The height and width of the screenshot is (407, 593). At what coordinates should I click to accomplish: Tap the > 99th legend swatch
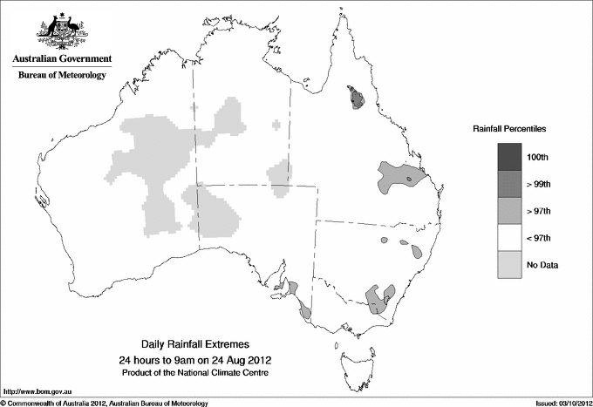(x=515, y=183)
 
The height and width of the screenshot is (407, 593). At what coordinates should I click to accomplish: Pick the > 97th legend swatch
(x=515, y=210)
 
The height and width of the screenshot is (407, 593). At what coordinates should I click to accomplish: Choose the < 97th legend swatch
(x=515, y=237)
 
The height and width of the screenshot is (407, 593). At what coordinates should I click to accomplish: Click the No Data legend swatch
(x=515, y=264)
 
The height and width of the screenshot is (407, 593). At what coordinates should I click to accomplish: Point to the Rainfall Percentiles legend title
(x=509, y=128)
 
